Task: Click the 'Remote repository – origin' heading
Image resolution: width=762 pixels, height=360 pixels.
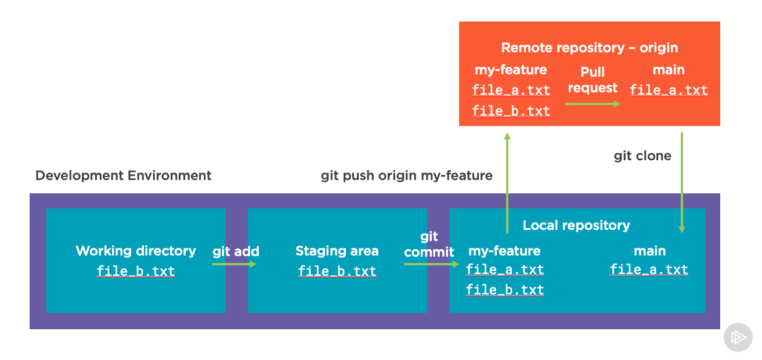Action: click(x=590, y=48)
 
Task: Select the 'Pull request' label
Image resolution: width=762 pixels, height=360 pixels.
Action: click(x=593, y=80)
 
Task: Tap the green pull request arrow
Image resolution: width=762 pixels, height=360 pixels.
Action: click(x=593, y=104)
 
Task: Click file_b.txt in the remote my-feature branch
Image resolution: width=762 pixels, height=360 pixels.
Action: click(x=511, y=111)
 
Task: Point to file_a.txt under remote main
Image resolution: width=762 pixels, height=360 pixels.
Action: click(x=669, y=90)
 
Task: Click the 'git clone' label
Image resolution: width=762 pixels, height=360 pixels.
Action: click(x=642, y=156)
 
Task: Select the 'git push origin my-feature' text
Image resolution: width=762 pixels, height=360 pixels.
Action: click(x=406, y=175)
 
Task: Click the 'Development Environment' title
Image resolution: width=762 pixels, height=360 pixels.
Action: click(x=123, y=175)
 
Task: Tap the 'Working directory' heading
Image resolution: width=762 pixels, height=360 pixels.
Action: click(x=136, y=251)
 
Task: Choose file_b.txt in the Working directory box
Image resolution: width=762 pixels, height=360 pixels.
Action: click(x=136, y=271)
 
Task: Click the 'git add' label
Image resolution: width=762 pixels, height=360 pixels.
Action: click(x=236, y=251)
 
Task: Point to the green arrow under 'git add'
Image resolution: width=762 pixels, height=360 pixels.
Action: click(x=234, y=264)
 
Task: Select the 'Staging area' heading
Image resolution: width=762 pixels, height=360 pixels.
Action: click(x=337, y=251)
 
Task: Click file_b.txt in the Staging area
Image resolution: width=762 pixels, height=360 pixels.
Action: click(x=337, y=271)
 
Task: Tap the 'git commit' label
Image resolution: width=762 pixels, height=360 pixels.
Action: click(x=429, y=244)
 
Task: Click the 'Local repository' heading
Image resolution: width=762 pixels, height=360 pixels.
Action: click(x=576, y=225)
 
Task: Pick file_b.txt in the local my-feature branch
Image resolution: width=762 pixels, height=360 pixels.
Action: click(x=505, y=290)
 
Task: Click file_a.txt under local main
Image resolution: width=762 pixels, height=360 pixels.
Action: click(x=649, y=269)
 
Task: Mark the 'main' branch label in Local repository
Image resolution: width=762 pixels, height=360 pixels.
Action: click(x=650, y=251)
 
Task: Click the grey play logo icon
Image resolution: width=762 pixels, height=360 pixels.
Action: click(x=738, y=337)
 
